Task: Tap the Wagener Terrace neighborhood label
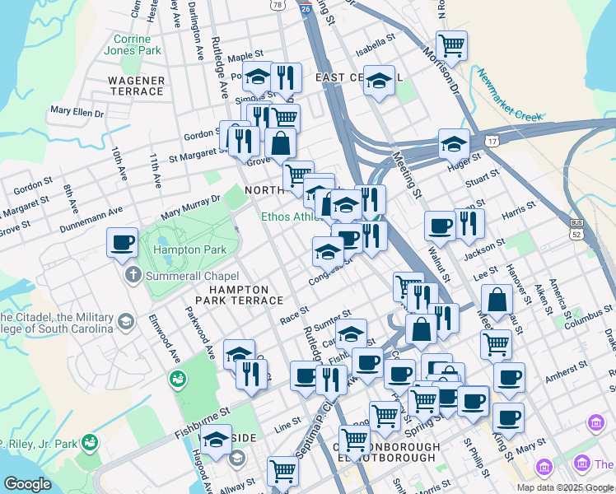click(137, 86)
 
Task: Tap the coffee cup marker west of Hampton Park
click(123, 242)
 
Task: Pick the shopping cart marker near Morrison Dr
click(451, 45)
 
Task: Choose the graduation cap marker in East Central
click(379, 81)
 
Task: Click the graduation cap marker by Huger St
click(454, 144)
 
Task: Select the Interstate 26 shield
click(305, 7)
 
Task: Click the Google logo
click(27, 484)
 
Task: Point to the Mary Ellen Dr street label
click(77, 110)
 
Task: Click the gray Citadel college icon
click(126, 319)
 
